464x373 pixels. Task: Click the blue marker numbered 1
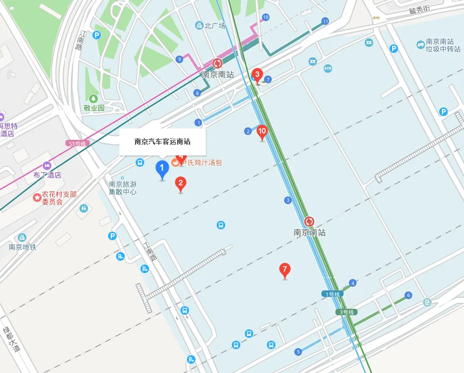click(x=162, y=168)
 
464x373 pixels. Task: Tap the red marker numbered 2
click(x=180, y=184)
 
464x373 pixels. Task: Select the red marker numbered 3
click(x=257, y=74)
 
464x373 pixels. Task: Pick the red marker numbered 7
click(x=285, y=269)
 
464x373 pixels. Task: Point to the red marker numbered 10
click(x=262, y=131)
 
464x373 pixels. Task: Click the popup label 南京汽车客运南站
click(x=162, y=142)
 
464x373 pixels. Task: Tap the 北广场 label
click(x=214, y=25)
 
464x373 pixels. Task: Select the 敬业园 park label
click(x=93, y=107)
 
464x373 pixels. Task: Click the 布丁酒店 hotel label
click(x=47, y=174)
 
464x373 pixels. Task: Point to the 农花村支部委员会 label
click(x=56, y=198)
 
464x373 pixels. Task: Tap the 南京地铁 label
click(x=22, y=247)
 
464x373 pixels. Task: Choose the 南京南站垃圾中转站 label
click(x=439, y=45)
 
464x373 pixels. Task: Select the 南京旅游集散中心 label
click(x=123, y=187)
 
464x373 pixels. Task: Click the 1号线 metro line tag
click(x=332, y=294)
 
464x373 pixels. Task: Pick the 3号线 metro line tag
click(x=346, y=312)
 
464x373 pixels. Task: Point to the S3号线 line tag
click(x=77, y=144)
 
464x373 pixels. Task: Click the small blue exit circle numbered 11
click(x=325, y=21)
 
